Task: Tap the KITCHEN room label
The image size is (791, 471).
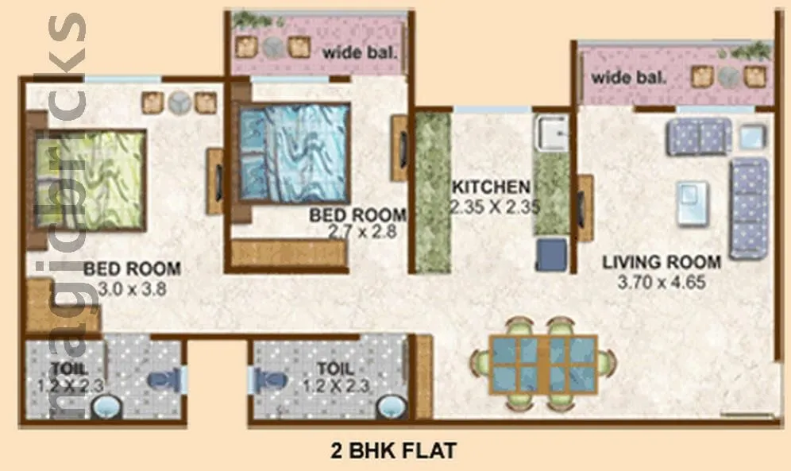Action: tap(491, 188)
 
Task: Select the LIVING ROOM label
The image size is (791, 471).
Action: tap(662, 262)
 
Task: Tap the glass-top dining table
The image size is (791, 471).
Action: tap(543, 362)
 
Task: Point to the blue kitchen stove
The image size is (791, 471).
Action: tap(551, 254)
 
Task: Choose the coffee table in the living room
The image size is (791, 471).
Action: tap(692, 203)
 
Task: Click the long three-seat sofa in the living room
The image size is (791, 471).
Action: tap(748, 207)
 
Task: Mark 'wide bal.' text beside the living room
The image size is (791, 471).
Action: tap(627, 79)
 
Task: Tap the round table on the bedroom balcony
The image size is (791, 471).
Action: tap(274, 46)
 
